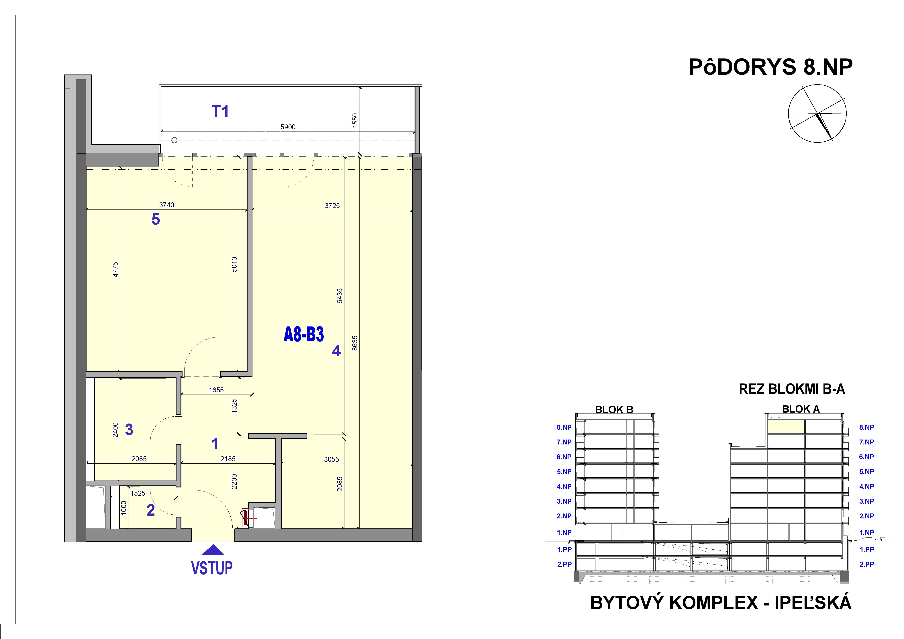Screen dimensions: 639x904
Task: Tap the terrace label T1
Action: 220,112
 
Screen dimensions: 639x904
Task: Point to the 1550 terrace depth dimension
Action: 355,120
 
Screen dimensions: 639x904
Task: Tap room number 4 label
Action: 336,350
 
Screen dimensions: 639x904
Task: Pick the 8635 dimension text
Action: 355,343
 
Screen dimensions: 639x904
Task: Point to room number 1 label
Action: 215,444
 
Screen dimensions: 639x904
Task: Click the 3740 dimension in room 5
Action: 166,205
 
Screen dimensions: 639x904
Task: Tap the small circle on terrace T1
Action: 174,140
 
